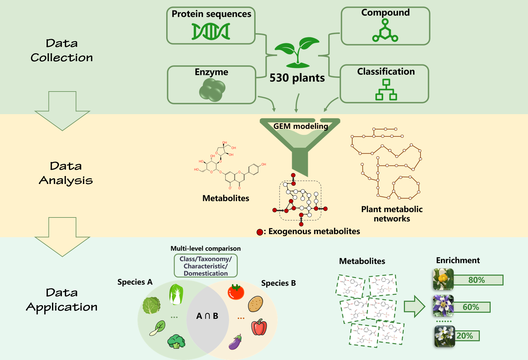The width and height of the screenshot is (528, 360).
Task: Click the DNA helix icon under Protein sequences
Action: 211,32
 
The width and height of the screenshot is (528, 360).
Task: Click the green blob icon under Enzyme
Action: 212,90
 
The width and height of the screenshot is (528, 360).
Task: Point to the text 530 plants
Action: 297,78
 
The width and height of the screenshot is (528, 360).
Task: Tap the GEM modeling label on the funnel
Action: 301,126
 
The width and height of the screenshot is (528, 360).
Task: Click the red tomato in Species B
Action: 236,292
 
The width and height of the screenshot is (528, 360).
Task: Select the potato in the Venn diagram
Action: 256,304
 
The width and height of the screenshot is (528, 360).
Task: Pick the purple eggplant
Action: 235,342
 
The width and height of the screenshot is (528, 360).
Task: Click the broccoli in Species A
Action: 176,341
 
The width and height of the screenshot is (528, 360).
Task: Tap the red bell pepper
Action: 259,327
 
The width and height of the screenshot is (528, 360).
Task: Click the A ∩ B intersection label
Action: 207,316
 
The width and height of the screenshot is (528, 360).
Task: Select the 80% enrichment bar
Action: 478,280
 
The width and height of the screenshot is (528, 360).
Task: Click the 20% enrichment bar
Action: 467,336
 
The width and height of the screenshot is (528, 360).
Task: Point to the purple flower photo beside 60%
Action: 443,305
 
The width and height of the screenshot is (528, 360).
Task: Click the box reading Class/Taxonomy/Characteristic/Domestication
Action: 205,266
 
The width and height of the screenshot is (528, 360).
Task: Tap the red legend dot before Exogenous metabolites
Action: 260,232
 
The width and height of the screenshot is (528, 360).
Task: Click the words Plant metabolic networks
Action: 392,214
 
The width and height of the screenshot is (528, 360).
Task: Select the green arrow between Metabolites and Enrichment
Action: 414,306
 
